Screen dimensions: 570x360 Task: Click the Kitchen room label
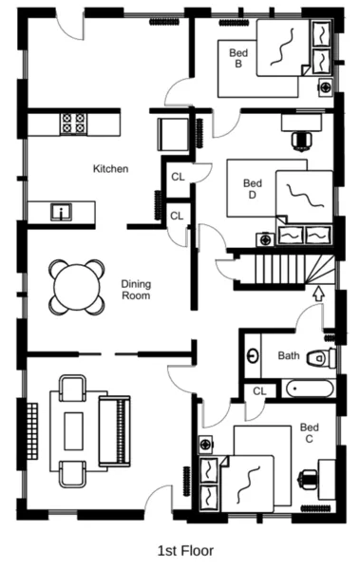tap(110, 169)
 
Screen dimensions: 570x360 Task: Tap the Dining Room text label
tap(136, 289)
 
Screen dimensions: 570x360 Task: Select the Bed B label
tap(237, 59)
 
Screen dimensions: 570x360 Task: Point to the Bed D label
tap(252, 189)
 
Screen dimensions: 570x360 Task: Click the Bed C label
tap(309, 434)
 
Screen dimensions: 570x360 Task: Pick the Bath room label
tap(289, 356)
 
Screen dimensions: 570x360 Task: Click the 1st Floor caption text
tap(185, 550)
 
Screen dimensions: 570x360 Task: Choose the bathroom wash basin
tap(254, 356)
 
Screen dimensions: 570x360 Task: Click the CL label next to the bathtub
tap(259, 390)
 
